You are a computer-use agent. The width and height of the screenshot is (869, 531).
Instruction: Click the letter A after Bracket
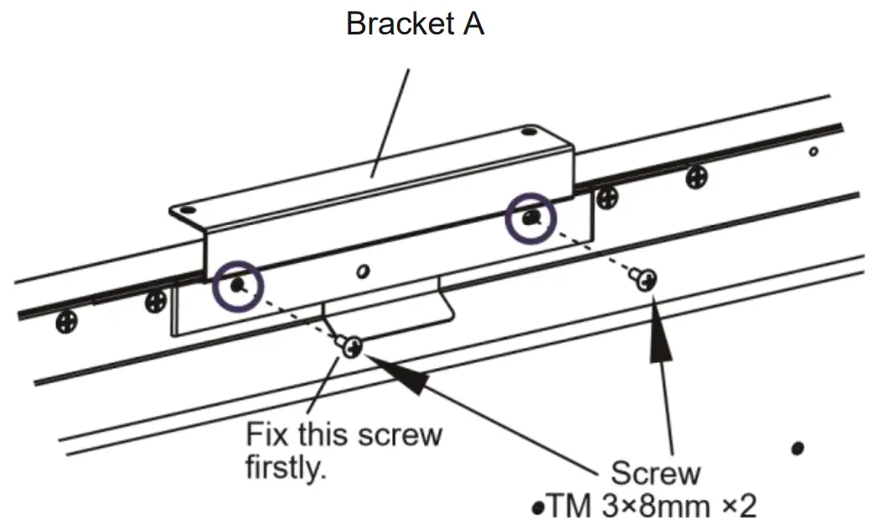(x=472, y=24)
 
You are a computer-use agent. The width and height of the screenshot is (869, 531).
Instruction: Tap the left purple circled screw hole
(x=238, y=286)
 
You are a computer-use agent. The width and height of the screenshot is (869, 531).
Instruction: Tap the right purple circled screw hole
(x=530, y=218)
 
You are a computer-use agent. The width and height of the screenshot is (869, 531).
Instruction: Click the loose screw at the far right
(x=646, y=278)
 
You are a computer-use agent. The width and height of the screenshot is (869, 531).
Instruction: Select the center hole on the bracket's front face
(x=363, y=271)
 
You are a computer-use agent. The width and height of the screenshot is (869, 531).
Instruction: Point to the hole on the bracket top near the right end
(x=528, y=132)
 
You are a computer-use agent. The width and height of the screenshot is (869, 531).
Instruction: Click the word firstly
(x=284, y=468)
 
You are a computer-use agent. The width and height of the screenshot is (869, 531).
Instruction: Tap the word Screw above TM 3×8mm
(x=655, y=473)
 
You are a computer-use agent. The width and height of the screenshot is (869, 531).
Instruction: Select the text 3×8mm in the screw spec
(x=655, y=507)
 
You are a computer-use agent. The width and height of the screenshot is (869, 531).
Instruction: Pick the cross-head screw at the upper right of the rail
(x=696, y=176)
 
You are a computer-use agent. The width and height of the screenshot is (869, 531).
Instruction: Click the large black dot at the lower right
(x=797, y=448)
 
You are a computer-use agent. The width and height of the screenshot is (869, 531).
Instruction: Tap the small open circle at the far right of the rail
(x=813, y=151)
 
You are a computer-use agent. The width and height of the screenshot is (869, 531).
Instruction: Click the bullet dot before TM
(x=538, y=508)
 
